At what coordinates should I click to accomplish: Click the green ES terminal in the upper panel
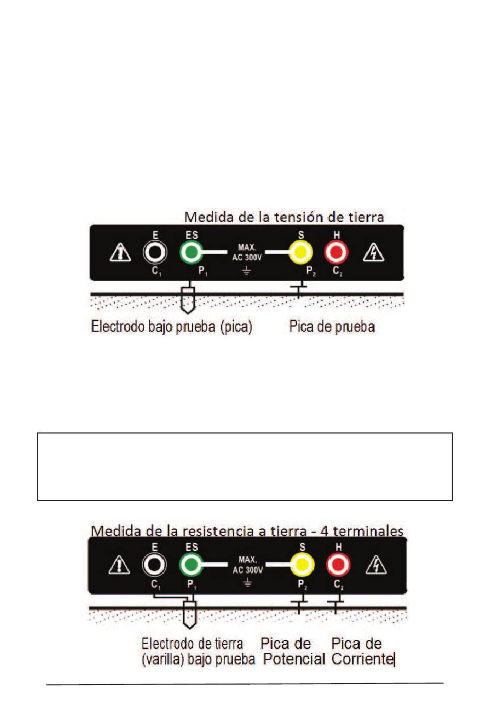pyautogui.click(x=191, y=253)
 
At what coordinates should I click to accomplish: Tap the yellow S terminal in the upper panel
pyautogui.click(x=300, y=253)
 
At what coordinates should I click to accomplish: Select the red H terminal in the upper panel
pyautogui.click(x=336, y=253)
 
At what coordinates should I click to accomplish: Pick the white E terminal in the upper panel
pyautogui.click(x=155, y=253)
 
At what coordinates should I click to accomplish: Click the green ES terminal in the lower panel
pyautogui.click(x=191, y=565)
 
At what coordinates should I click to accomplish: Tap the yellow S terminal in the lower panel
pyautogui.click(x=302, y=565)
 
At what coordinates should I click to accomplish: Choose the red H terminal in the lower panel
pyautogui.click(x=338, y=565)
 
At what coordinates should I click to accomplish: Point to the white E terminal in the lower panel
pyautogui.click(x=154, y=565)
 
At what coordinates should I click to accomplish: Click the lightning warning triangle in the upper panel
pyautogui.click(x=373, y=253)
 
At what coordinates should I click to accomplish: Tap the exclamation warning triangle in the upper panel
pyautogui.click(x=120, y=253)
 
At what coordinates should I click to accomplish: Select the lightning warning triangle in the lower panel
pyautogui.click(x=376, y=565)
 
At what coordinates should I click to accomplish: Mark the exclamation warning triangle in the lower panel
pyautogui.click(x=119, y=565)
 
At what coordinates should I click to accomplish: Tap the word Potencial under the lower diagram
pyautogui.click(x=294, y=659)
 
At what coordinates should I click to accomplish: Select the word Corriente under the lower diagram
pyautogui.click(x=362, y=659)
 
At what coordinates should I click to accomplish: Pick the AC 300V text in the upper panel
pyautogui.click(x=247, y=257)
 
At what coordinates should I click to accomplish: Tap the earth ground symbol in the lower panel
pyautogui.click(x=248, y=583)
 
